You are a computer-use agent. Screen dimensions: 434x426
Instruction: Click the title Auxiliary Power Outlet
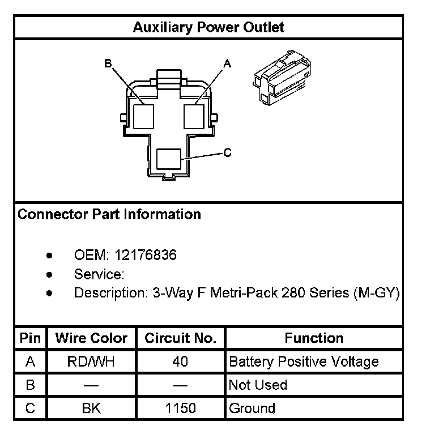point(208,27)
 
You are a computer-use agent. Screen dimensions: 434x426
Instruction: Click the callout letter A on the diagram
point(228,64)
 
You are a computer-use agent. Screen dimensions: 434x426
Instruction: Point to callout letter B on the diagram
point(108,63)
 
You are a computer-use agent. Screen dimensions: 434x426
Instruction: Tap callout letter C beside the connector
point(227,152)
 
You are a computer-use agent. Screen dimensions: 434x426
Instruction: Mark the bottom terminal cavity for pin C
point(169,159)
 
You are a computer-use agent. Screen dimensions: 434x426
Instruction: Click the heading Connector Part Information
point(109,215)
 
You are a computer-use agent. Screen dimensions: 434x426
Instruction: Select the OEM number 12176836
point(146,256)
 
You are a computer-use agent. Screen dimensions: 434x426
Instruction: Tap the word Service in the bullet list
point(97,275)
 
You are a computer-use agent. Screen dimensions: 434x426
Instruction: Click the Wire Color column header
point(91,338)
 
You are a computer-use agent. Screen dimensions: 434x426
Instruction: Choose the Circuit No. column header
point(181,338)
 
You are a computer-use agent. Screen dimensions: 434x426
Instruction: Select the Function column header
point(314,338)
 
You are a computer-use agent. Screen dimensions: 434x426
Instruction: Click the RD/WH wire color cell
point(91,361)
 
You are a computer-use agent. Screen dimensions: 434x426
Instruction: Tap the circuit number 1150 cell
point(181,408)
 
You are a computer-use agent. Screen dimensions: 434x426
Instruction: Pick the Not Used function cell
point(258,385)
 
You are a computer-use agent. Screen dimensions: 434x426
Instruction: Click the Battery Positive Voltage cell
point(303,361)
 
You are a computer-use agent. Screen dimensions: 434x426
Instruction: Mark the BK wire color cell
point(91,408)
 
